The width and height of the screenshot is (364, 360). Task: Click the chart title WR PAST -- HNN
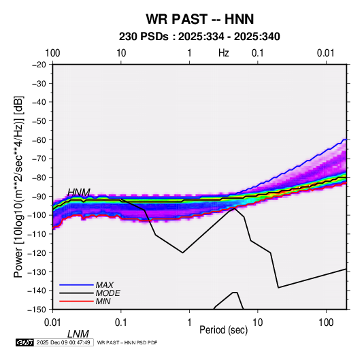[x=200, y=19]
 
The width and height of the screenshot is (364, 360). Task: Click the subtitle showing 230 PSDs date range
[x=199, y=37]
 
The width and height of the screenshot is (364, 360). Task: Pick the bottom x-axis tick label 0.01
[x=52, y=323]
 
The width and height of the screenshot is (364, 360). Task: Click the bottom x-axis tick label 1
[x=189, y=323]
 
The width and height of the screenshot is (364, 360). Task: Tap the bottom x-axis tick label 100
[x=326, y=323]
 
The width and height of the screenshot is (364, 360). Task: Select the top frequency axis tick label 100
[x=52, y=53]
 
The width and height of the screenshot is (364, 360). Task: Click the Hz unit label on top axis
[x=224, y=53]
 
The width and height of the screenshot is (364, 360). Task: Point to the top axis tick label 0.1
[x=258, y=53]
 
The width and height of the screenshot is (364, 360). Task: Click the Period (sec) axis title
[x=224, y=330]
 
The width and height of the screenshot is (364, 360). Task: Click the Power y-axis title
[x=18, y=186]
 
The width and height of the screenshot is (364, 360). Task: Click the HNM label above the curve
[x=79, y=193]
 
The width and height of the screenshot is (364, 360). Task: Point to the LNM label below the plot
[x=78, y=334]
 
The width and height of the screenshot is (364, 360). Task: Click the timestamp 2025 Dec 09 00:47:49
[x=63, y=342]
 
